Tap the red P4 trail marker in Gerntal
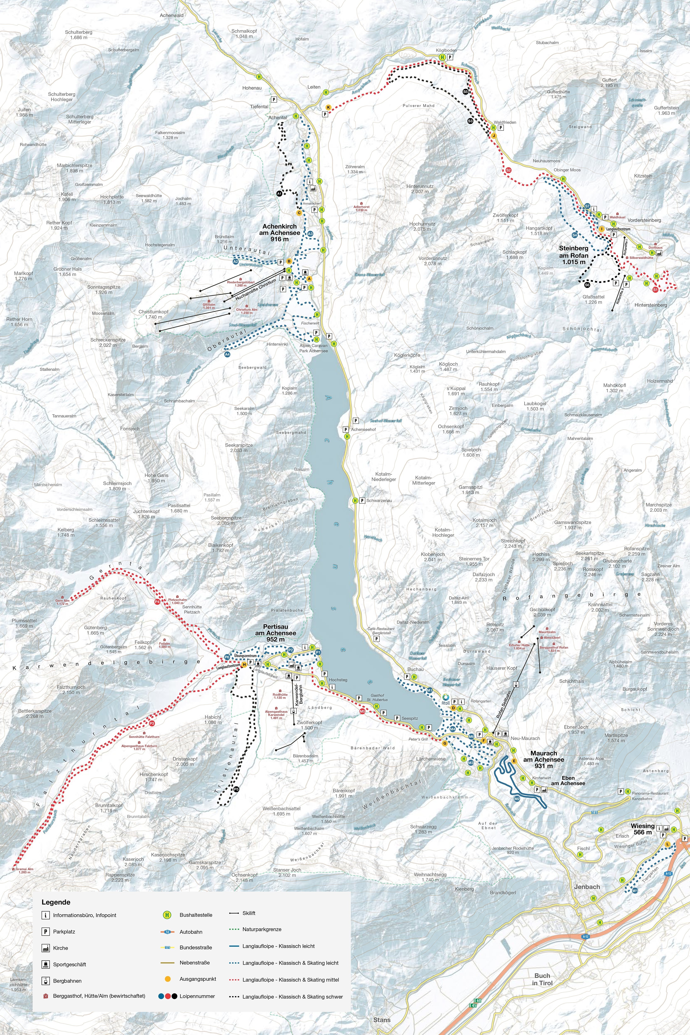[x=157, y=602]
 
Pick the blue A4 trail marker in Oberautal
[x=227, y=354]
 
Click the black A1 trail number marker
[x=279, y=194]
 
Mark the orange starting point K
[x=328, y=107]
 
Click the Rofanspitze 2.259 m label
[x=637, y=551]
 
